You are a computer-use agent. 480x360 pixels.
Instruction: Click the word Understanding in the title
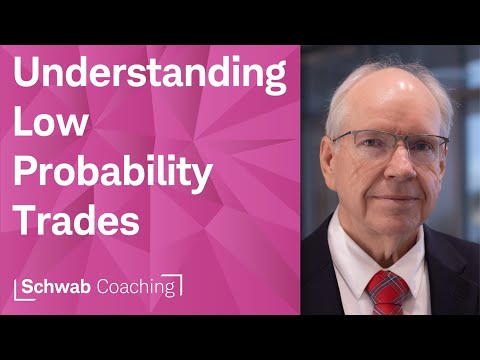point(149,77)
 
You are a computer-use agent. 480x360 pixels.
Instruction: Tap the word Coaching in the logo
point(137,287)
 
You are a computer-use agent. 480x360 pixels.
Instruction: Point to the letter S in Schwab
point(28,286)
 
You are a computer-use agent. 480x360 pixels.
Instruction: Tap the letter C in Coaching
point(104,286)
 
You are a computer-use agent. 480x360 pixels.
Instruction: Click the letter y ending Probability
point(203,179)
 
